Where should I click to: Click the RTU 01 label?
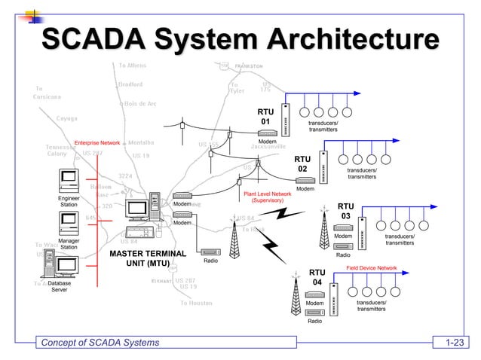pyautogui.click(x=265, y=116)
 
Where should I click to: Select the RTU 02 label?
pyautogui.click(x=302, y=164)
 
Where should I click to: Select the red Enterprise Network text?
pyautogui.click(x=97, y=142)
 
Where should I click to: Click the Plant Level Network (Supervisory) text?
pyautogui.click(x=267, y=197)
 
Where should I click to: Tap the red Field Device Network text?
pyautogui.click(x=372, y=267)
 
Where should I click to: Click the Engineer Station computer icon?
pyautogui.click(x=69, y=181)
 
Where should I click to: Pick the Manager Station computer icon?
pyautogui.click(x=69, y=222)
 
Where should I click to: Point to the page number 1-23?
pyautogui.click(x=453, y=343)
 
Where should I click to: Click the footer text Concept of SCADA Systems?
pyautogui.click(x=100, y=343)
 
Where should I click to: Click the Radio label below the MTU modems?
pyautogui.click(x=210, y=261)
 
